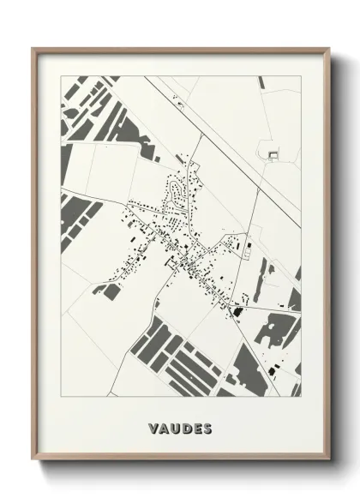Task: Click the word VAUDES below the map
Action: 180,427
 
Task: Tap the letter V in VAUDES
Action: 152,427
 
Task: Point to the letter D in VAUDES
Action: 186,427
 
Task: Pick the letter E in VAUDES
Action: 197,427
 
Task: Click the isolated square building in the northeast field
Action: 273,154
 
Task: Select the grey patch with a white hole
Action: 277,331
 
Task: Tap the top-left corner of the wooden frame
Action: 33,48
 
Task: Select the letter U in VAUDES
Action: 175,427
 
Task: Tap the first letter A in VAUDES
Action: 163,427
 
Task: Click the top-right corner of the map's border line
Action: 301,76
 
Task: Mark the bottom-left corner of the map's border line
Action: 61,397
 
